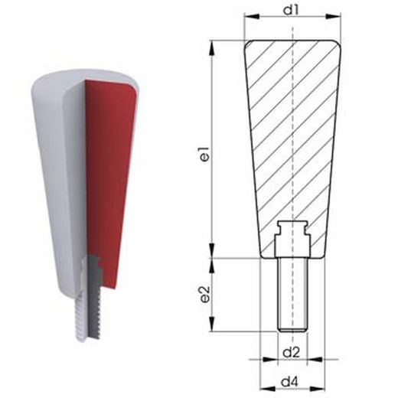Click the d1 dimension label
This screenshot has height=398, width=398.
tap(292, 10)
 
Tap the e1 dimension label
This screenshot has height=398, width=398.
tap(205, 154)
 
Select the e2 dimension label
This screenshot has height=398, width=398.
tap(205, 294)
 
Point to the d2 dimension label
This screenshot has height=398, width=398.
tap(292, 353)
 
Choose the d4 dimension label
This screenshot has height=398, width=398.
tap(290, 382)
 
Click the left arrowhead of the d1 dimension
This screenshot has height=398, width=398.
tap(252, 16)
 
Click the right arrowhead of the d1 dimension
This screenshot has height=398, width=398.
tap(334, 16)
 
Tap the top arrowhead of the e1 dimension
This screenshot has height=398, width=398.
tap(212, 47)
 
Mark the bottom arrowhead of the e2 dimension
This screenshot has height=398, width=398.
tap(212, 325)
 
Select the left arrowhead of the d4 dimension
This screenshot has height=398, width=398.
tap(267, 390)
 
